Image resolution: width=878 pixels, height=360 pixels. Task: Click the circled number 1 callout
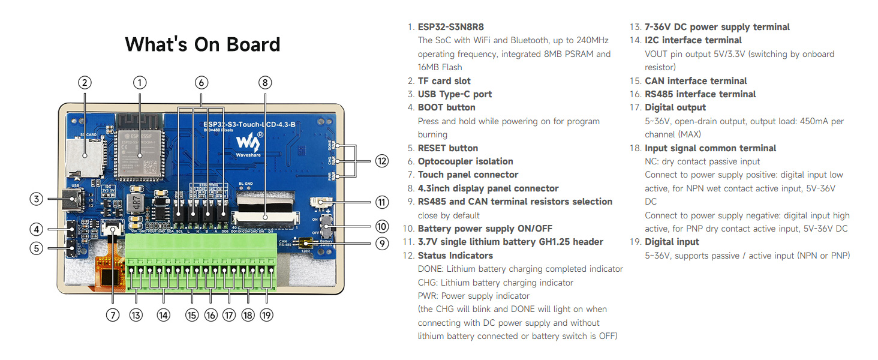(x=140, y=83)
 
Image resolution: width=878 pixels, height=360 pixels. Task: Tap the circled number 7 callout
(x=113, y=315)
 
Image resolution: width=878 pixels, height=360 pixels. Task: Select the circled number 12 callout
(x=382, y=160)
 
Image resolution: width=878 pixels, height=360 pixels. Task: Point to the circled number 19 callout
(x=267, y=315)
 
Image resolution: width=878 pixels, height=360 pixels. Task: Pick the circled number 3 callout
(x=37, y=199)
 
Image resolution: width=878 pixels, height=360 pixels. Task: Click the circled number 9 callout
(x=382, y=244)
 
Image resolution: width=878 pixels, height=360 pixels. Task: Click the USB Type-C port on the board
(x=74, y=200)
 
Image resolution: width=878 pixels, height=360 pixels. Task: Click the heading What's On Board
(x=202, y=44)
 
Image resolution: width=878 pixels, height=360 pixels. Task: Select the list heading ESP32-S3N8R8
(x=450, y=27)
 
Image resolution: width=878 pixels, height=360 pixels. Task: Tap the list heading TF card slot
(x=444, y=81)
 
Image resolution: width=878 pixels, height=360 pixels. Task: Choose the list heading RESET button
(x=447, y=148)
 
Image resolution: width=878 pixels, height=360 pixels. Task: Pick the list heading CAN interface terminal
(x=695, y=81)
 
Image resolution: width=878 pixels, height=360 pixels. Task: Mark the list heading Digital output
(x=675, y=107)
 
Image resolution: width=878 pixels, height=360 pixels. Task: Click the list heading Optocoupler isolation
(x=465, y=161)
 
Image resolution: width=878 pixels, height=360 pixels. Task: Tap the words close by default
(x=449, y=215)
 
